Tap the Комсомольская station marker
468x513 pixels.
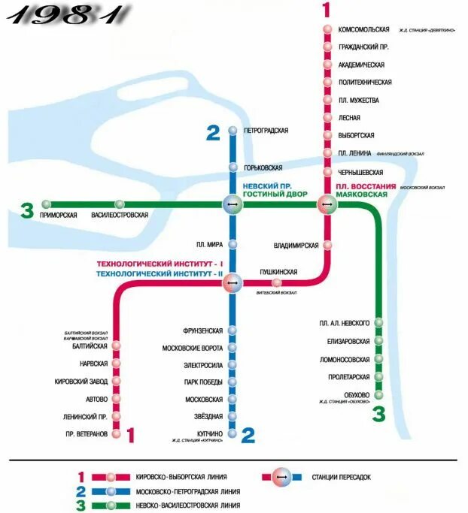(327, 29)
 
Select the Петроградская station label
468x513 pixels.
(266, 131)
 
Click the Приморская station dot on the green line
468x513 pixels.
(47, 204)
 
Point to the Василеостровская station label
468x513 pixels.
(120, 216)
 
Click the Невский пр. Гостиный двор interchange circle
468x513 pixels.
(232, 204)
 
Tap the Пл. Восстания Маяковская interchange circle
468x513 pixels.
(327, 204)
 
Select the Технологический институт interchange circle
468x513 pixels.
(232, 283)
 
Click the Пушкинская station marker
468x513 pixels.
(277, 283)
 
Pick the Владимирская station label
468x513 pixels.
(296, 246)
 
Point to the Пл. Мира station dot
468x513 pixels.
(232, 244)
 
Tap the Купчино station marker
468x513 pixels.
(232, 434)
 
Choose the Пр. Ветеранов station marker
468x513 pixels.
(116, 434)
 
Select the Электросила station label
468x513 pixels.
(203, 365)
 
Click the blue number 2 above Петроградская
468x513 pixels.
(213, 134)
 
